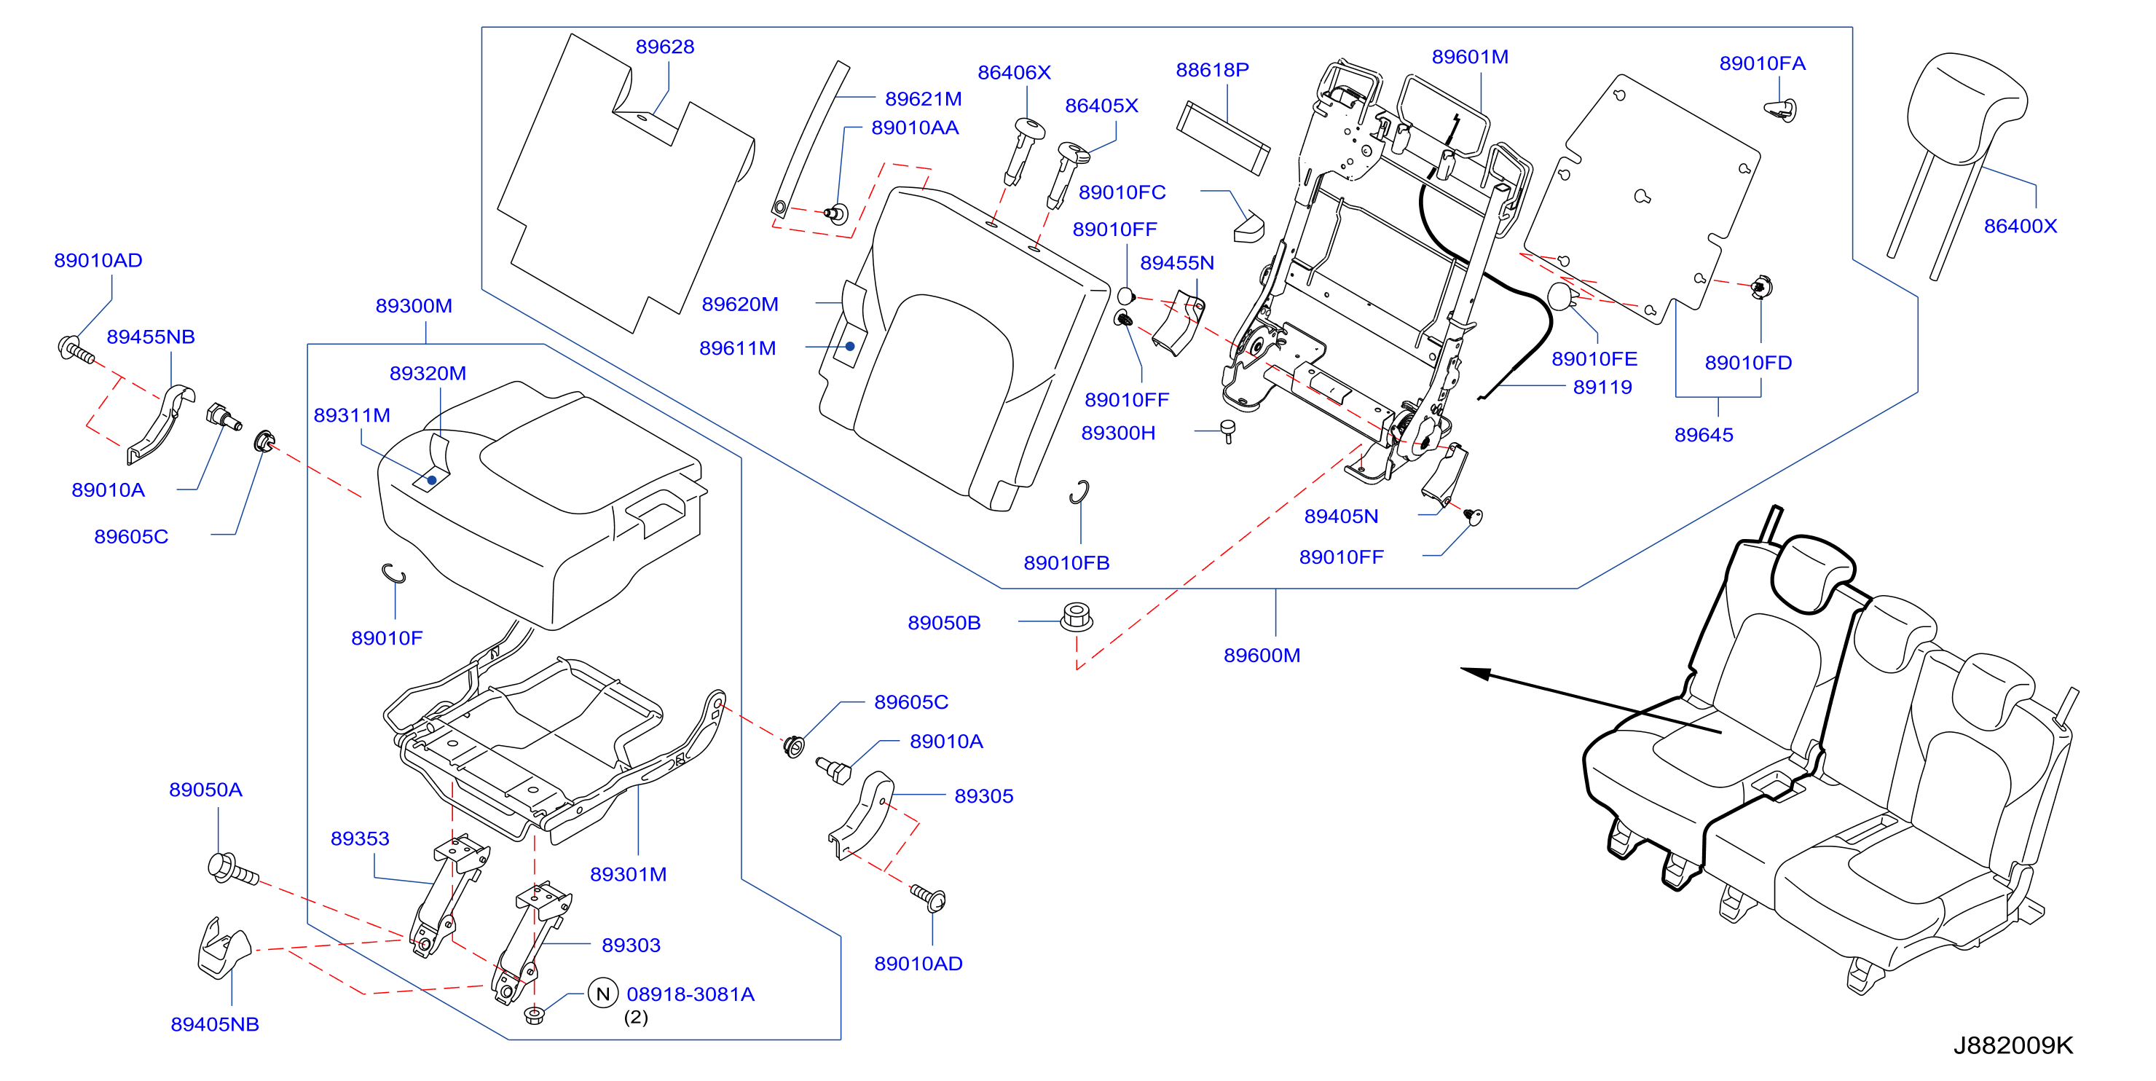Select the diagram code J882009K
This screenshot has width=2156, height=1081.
2013,1045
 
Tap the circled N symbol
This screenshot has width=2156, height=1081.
602,994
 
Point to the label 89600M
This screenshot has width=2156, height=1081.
1262,656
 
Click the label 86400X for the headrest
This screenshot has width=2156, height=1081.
2020,226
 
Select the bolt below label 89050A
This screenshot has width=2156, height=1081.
232,869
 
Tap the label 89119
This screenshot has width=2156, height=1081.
1602,388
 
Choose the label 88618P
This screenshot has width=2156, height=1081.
1212,71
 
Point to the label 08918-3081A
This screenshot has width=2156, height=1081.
691,995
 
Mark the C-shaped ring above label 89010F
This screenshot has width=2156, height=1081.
393,575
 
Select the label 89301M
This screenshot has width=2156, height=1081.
628,875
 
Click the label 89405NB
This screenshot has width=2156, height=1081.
215,1025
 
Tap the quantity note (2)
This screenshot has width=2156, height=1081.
636,1018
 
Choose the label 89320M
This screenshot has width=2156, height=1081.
428,374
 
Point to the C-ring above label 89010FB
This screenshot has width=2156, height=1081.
1079,492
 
